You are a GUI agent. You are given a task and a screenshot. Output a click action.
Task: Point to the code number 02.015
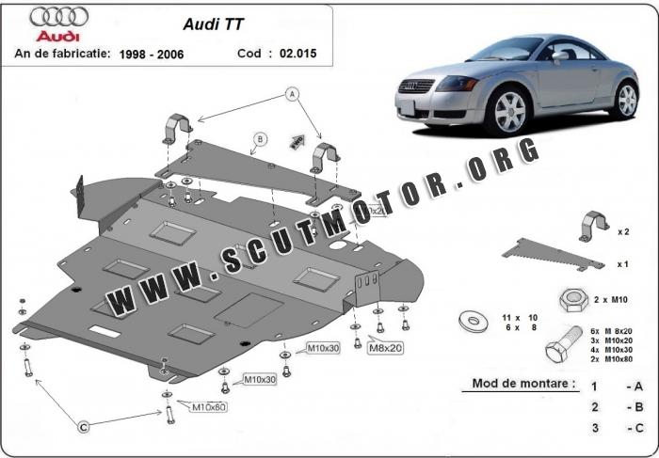point(297,54)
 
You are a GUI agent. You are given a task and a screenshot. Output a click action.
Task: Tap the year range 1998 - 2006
point(153,55)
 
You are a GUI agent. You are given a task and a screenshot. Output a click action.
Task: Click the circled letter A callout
point(292,94)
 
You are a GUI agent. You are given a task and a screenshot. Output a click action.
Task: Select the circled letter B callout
point(258,142)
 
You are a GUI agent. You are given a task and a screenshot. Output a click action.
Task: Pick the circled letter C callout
point(83,428)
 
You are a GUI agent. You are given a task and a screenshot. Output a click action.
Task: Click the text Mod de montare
point(518,385)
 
